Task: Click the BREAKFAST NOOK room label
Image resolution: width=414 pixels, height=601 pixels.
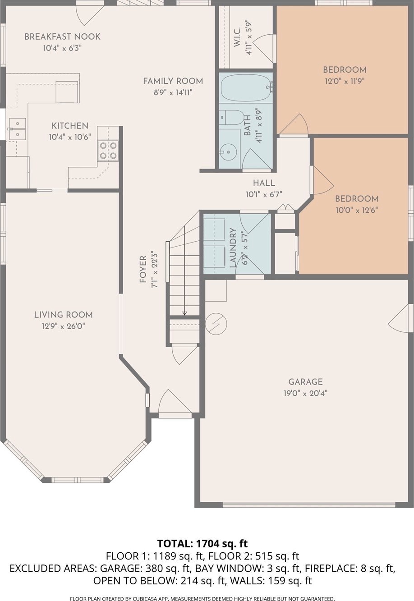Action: tap(63, 37)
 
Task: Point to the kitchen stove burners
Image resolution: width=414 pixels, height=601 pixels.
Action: tap(108, 151)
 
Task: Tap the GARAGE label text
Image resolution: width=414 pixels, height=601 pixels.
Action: tap(305, 382)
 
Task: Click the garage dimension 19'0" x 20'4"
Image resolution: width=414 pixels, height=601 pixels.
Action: tap(306, 394)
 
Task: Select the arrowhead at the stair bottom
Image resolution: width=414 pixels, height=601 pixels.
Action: tap(184, 313)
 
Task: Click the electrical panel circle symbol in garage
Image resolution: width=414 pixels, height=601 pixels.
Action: tap(216, 324)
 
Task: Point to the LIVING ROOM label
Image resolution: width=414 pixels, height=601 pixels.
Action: tap(63, 315)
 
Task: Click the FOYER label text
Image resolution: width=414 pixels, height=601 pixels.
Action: tap(143, 269)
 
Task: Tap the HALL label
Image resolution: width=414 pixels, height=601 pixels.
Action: tap(264, 183)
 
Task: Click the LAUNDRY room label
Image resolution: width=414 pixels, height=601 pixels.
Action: tap(233, 248)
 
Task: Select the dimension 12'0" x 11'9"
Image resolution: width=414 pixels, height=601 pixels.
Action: tap(345, 81)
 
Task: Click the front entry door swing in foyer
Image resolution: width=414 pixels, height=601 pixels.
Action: tap(175, 401)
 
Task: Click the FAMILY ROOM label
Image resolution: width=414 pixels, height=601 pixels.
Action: tap(173, 81)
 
